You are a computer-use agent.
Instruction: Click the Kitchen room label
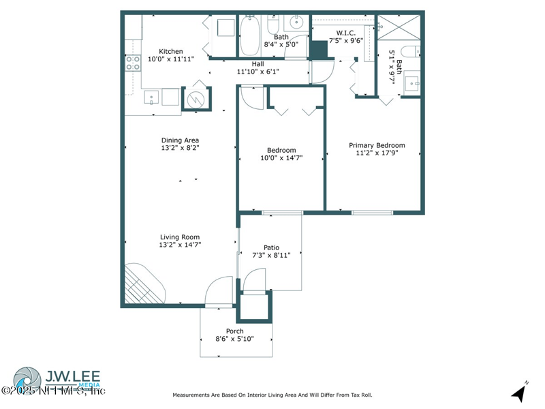[x=171, y=51]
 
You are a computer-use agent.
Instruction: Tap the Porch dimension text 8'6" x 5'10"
[x=235, y=339]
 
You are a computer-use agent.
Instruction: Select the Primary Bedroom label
[x=377, y=145]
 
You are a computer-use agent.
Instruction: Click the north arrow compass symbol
[x=520, y=392]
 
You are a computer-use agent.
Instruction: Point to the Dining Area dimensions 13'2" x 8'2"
[x=180, y=147]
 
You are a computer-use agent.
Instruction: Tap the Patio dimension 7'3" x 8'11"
[x=272, y=256]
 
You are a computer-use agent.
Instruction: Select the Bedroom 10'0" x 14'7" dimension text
[x=281, y=158]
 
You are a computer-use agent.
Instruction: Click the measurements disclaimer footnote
[x=272, y=395]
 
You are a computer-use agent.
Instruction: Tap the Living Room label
[x=180, y=237]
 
